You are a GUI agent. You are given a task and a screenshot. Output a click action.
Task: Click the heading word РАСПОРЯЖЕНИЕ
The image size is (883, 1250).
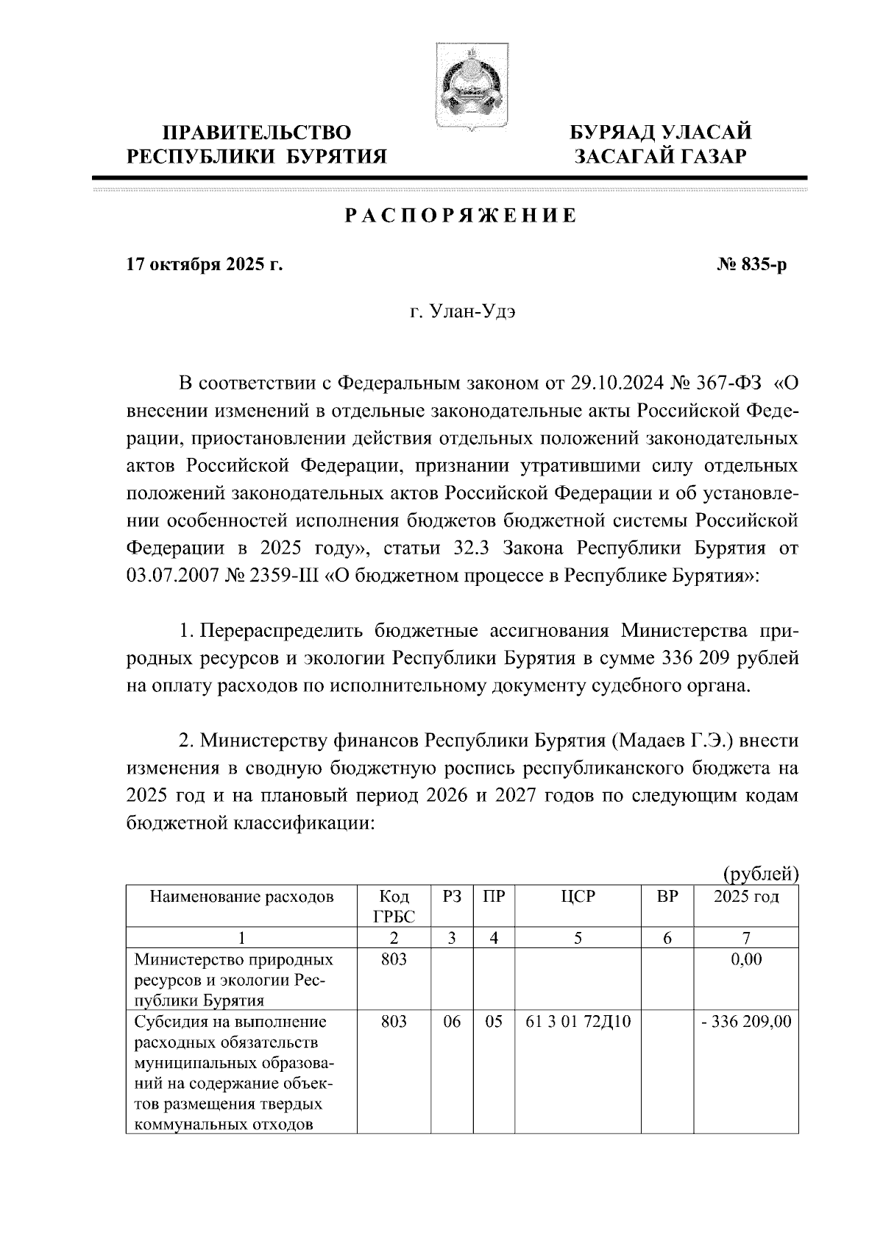[x=461, y=216]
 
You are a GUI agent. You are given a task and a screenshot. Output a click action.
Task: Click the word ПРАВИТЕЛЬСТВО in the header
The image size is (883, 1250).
[x=257, y=133]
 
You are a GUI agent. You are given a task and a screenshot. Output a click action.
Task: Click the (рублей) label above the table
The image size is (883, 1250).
[x=760, y=874]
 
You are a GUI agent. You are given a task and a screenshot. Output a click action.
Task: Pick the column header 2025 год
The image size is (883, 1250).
[x=746, y=897]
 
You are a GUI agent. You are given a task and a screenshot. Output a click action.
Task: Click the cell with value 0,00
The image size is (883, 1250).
[x=746, y=960]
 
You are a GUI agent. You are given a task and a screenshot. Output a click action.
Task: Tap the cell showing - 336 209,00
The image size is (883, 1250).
[x=746, y=1022]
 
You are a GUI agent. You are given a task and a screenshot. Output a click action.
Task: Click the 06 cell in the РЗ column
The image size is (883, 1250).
[x=451, y=1022]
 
